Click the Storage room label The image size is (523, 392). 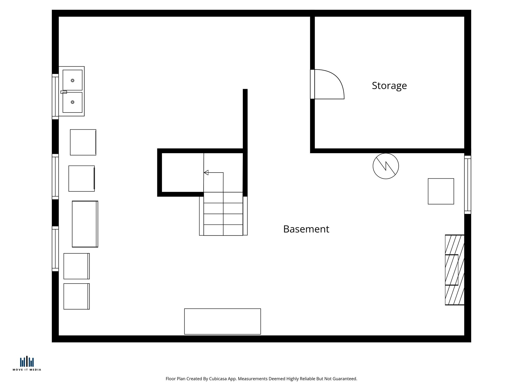click(389, 86)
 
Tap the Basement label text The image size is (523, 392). click(306, 229)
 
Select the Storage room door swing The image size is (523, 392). click(329, 84)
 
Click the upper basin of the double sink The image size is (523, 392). click(73, 80)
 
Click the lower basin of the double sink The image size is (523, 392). click(73, 102)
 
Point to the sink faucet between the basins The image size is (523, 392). click(64, 92)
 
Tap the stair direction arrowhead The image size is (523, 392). click(206, 173)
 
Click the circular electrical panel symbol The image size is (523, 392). click(386, 166)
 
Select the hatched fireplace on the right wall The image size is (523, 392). click(455, 270)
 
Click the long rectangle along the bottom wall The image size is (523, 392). click(222, 321)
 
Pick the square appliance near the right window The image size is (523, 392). click(441, 191)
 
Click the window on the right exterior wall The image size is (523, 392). click(468, 185)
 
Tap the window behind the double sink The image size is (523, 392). click(55, 96)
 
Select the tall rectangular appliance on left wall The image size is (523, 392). click(85, 224)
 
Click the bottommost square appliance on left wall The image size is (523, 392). click(76, 296)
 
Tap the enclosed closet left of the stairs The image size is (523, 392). click(183, 173)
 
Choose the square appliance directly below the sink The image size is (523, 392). click(83, 142)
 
